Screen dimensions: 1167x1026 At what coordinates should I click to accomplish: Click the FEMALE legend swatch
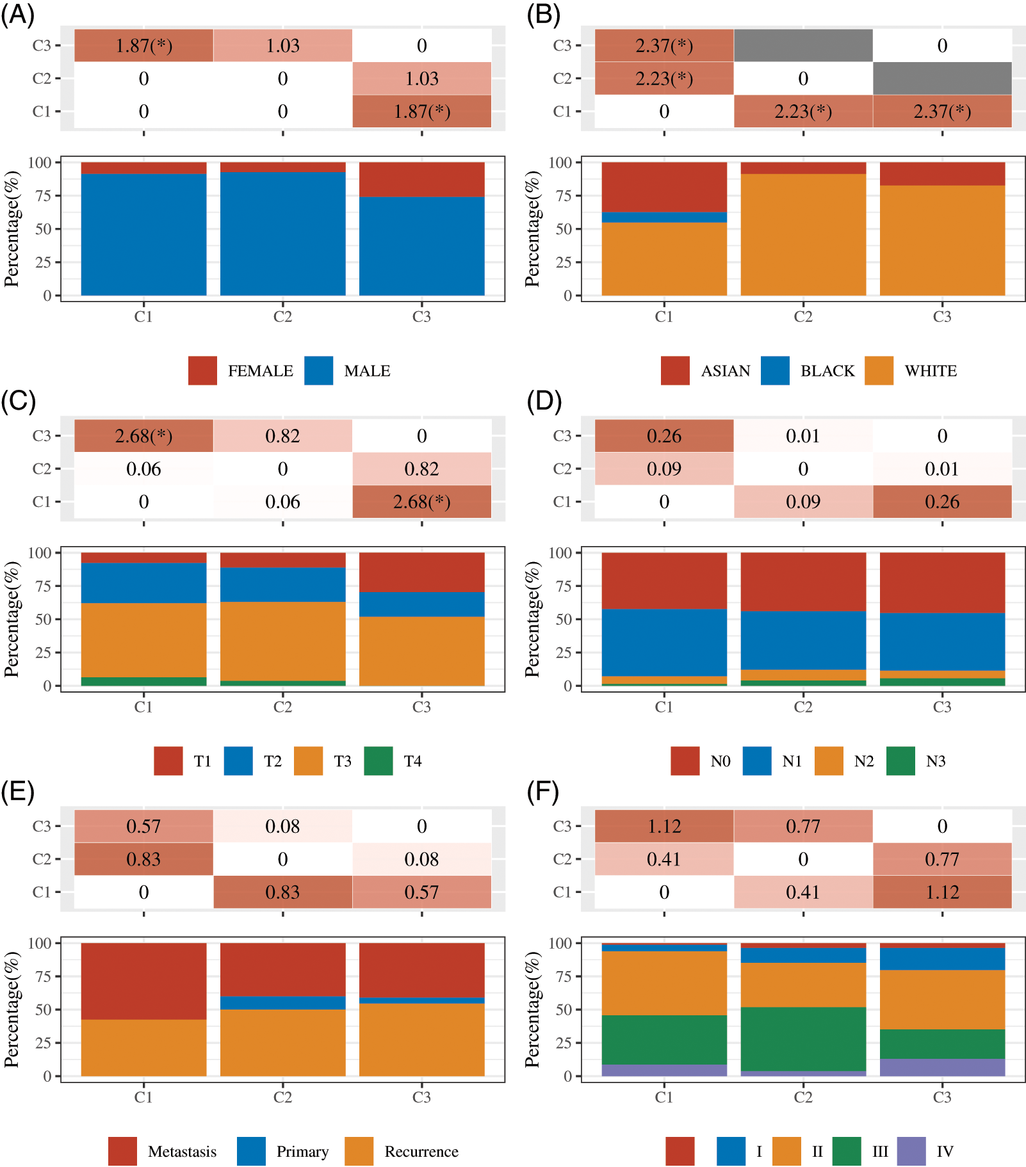coord(202,371)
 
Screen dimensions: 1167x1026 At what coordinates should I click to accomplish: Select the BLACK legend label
coord(827,371)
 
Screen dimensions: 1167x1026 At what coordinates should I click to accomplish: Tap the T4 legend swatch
coord(378,761)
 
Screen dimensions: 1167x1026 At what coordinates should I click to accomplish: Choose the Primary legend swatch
coord(251,1152)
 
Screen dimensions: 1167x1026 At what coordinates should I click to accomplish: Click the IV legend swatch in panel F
coord(911,1152)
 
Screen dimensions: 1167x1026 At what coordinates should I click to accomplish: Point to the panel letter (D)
coord(544,402)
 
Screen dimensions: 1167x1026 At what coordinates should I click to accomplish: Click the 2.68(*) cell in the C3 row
coord(143,436)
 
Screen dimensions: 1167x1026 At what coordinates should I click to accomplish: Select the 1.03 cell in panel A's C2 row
coord(421,79)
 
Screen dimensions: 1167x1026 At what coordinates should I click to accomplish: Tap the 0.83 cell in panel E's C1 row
coord(282,892)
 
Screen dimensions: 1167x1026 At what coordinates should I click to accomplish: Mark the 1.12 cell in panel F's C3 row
coord(664,826)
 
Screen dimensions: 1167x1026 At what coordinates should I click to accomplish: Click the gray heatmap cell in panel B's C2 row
coord(942,79)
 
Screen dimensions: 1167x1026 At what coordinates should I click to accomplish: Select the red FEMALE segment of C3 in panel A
coord(421,179)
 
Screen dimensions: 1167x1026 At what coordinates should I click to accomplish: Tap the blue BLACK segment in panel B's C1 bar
coord(664,218)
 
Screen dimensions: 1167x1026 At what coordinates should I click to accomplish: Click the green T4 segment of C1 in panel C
coord(143,682)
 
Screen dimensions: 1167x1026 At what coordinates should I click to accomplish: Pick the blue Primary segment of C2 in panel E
coord(282,1003)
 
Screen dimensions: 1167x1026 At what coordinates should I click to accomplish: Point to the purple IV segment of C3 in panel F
coord(942,1068)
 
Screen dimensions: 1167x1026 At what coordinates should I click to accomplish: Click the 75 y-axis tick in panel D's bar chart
coord(563,586)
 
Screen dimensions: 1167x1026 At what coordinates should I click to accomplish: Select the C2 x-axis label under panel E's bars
coord(282,1097)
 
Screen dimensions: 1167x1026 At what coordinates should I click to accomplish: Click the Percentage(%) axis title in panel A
coord(12,229)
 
